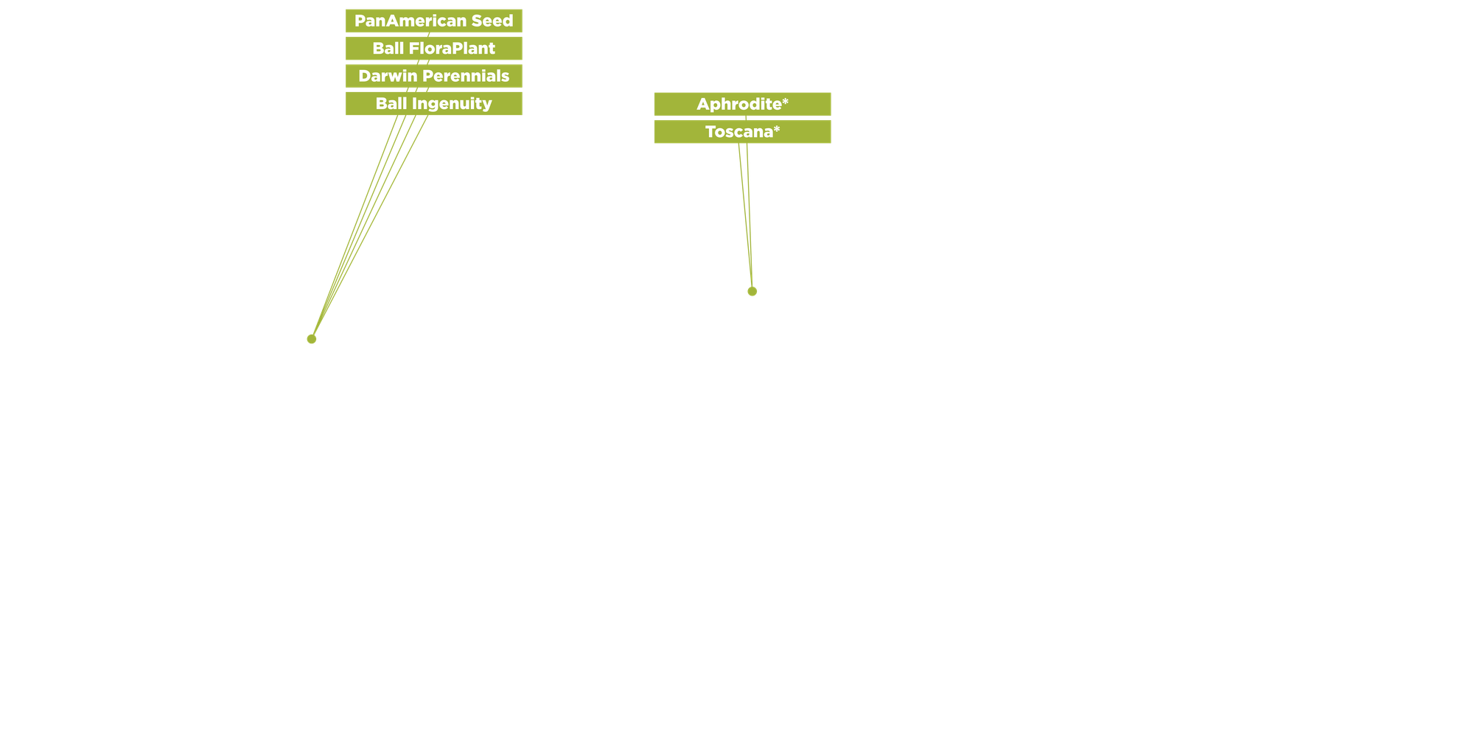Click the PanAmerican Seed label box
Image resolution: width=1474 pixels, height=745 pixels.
433,21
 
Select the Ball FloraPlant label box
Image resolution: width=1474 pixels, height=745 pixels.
433,49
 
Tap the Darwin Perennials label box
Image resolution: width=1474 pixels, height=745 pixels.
433,76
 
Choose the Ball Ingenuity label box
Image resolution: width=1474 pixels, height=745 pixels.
433,104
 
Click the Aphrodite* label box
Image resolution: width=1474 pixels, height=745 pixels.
742,104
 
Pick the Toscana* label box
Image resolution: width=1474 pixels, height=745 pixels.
742,132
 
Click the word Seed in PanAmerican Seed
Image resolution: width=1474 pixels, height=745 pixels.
492,21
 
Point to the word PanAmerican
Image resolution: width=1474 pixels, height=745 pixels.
411,21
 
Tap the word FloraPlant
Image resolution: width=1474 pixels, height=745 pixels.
452,49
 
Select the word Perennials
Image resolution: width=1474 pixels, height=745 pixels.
464,76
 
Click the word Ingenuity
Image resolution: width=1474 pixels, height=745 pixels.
452,104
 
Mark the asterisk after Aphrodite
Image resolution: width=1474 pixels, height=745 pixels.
786,101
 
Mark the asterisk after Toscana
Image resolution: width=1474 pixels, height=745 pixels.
777,129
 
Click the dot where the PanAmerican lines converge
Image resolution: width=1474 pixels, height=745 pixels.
312,339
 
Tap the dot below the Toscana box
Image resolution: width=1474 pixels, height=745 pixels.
752,292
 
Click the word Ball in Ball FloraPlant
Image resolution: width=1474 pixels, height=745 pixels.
388,49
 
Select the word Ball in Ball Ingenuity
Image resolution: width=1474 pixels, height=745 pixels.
391,104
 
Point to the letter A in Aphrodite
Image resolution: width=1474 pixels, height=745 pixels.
703,104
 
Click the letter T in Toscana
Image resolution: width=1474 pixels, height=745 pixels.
710,132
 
